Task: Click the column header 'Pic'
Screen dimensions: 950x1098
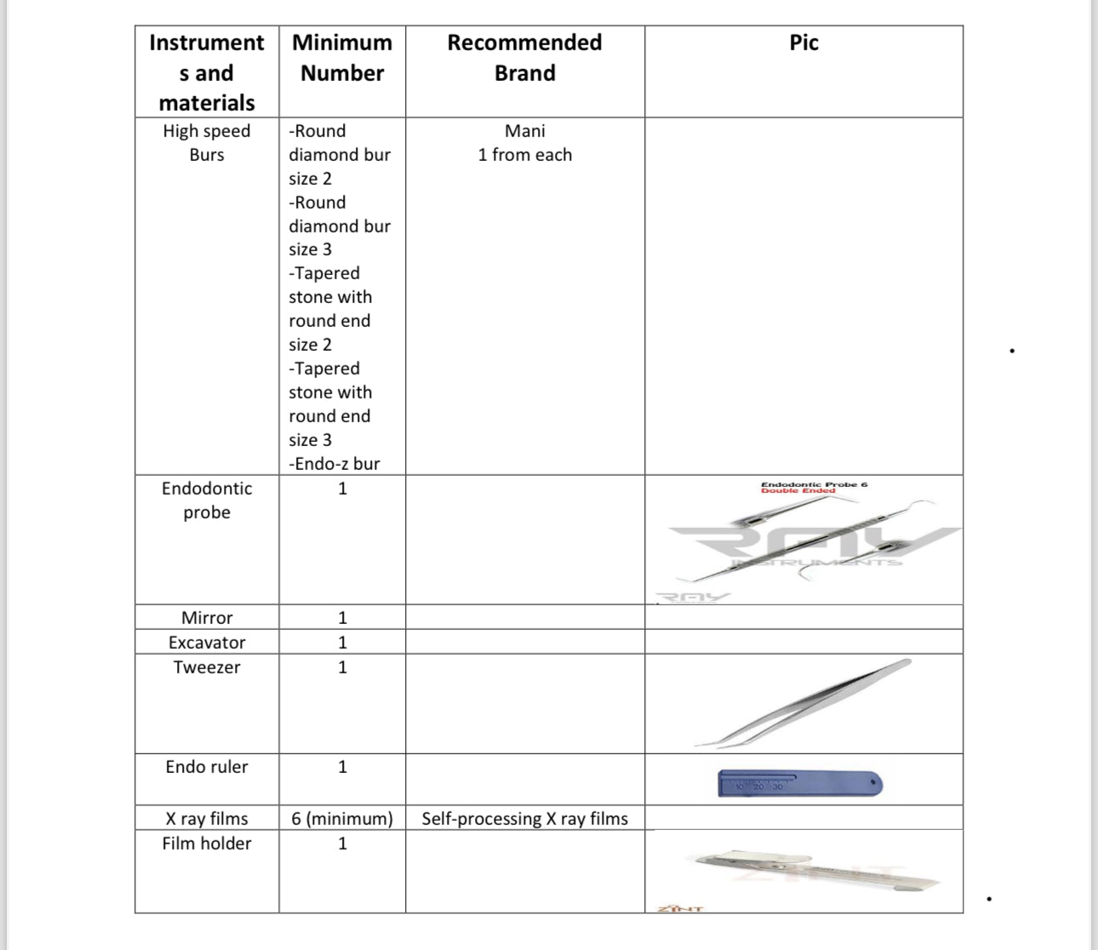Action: click(803, 43)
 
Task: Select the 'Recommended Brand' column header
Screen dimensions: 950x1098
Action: click(524, 58)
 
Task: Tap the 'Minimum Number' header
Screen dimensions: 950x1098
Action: click(342, 58)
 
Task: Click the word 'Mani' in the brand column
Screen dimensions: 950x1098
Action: click(524, 131)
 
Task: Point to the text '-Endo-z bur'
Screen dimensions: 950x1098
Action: click(335, 464)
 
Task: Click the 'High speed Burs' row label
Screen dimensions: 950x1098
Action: click(207, 143)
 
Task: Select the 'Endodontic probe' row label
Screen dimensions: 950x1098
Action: click(207, 501)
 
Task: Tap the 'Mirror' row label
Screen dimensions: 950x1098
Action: click(207, 618)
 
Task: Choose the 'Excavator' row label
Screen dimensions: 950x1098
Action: click(207, 643)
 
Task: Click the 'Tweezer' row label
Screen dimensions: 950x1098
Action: click(207, 667)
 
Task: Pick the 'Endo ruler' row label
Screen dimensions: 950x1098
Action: click(207, 767)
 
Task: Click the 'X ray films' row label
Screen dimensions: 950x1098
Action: click(207, 819)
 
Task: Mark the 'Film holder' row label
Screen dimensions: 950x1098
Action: click(207, 844)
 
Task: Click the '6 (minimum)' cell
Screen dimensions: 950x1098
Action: click(342, 819)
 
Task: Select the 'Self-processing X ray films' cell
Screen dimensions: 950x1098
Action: click(524, 819)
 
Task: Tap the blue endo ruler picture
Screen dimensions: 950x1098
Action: click(800, 783)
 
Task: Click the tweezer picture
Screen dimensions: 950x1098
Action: click(804, 703)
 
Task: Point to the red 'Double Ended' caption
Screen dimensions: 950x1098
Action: click(798, 491)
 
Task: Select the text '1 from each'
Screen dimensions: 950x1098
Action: click(524, 155)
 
